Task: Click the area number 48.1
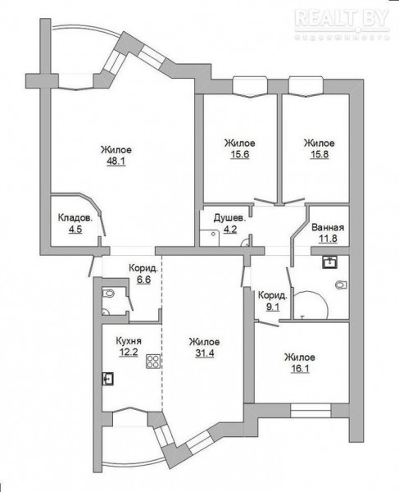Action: (x=116, y=162)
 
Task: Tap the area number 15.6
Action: (x=240, y=154)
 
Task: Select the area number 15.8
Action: (x=320, y=154)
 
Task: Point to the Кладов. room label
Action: (x=75, y=218)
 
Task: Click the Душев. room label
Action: (x=229, y=218)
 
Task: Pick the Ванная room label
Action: (x=328, y=227)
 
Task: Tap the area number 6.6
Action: (x=143, y=280)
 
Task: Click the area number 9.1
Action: (x=273, y=307)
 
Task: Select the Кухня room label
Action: (x=129, y=341)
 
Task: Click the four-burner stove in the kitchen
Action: (x=153, y=361)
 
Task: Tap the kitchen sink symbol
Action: (x=108, y=379)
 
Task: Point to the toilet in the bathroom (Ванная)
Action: (x=341, y=285)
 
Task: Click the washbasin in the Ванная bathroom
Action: (x=329, y=262)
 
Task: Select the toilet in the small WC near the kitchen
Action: (x=107, y=294)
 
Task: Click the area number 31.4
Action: (x=205, y=353)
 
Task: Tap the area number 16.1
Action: (x=300, y=368)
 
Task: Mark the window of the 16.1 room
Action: (x=311, y=411)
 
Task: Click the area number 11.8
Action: (x=328, y=239)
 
